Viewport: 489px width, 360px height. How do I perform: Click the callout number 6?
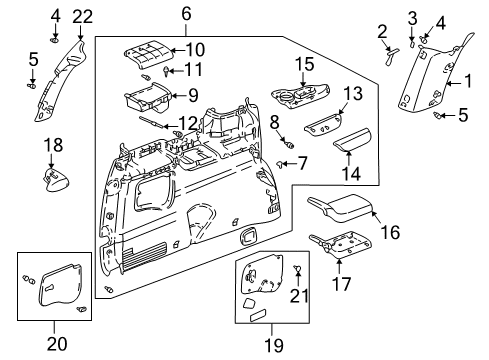pos(186,13)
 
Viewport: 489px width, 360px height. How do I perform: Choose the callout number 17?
pos(343,283)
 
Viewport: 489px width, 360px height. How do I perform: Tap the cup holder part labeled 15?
pos(295,99)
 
